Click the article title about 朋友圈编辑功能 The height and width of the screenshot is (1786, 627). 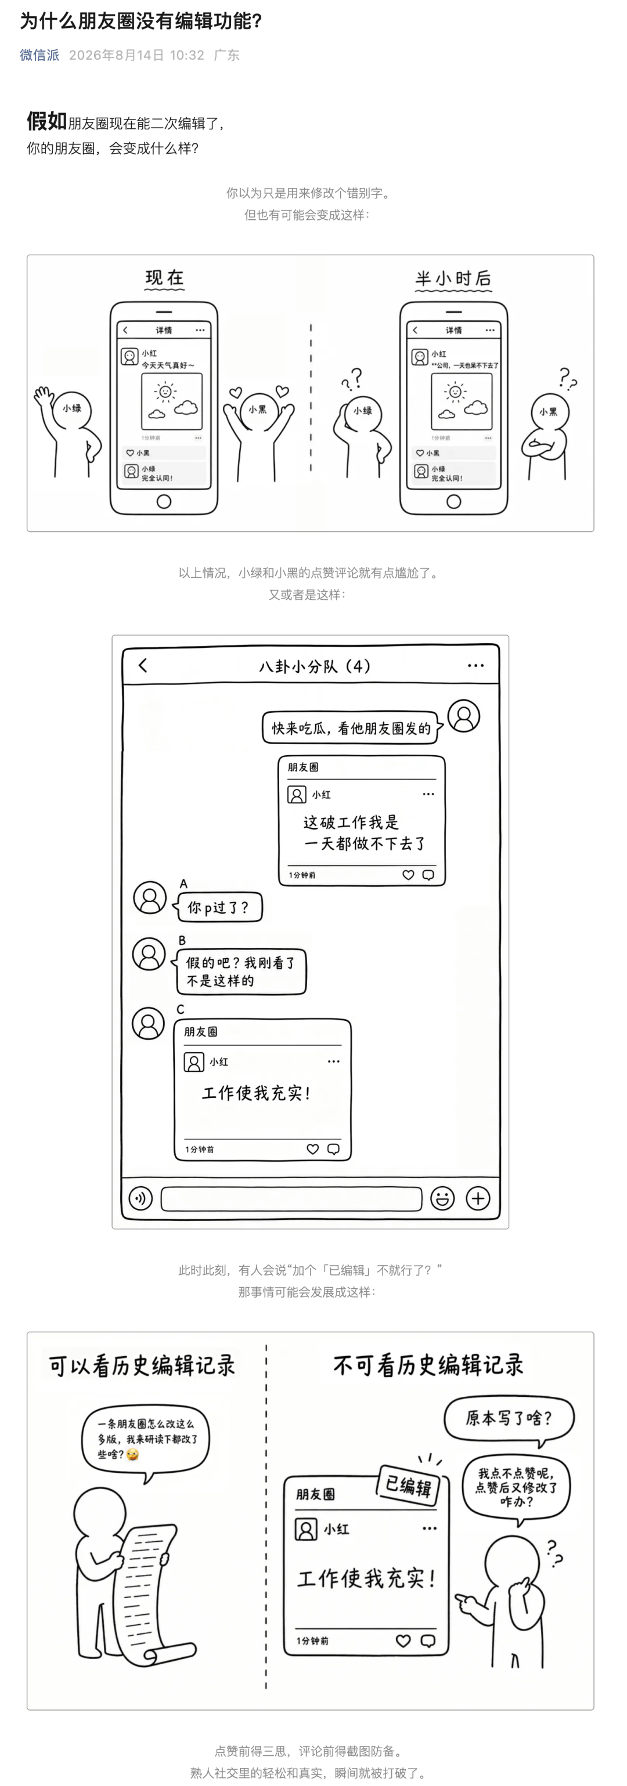[141, 21]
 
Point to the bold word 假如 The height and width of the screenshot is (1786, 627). [46, 121]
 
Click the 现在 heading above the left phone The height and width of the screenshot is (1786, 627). [164, 278]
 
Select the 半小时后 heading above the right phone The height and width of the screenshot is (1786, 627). [453, 278]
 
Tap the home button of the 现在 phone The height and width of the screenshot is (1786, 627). [164, 501]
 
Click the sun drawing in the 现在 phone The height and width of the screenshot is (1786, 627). [165, 392]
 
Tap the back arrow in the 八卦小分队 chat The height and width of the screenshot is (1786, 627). [143, 665]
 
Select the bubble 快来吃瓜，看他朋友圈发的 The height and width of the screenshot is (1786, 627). [352, 728]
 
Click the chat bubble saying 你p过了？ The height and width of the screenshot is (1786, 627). [217, 907]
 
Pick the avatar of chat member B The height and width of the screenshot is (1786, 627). [149, 954]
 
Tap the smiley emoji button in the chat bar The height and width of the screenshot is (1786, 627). [442, 1198]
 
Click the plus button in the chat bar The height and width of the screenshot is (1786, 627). [478, 1198]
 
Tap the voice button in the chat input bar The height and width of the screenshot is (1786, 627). [141, 1198]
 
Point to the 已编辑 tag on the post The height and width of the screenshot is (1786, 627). [409, 1486]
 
